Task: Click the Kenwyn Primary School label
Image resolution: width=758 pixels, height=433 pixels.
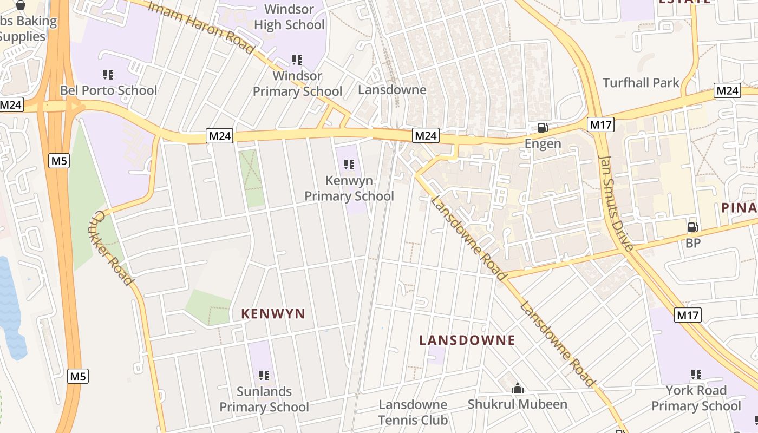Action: click(x=349, y=188)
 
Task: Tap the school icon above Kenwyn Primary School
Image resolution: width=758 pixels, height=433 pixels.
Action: click(x=349, y=164)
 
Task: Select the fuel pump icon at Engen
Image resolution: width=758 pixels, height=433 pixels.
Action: click(x=543, y=128)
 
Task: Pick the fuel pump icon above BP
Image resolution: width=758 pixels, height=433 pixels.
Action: click(x=692, y=227)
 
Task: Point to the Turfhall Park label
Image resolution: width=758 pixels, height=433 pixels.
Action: click(x=641, y=83)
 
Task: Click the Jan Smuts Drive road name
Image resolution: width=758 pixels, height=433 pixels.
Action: click(x=616, y=204)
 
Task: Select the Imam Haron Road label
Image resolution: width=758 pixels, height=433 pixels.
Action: click(x=201, y=28)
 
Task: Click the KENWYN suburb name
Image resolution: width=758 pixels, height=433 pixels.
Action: click(x=273, y=314)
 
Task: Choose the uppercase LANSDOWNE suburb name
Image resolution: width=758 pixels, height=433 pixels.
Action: click(x=467, y=340)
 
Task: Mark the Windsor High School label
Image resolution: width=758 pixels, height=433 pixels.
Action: click(x=290, y=17)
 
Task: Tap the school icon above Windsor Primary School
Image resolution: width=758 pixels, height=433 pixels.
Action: click(x=297, y=60)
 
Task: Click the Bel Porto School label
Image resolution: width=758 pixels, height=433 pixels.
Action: click(x=108, y=90)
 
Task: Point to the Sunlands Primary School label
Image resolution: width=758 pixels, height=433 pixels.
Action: click(x=264, y=399)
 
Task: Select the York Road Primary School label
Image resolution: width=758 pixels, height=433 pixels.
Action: click(x=696, y=398)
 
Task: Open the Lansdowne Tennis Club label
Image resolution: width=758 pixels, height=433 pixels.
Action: click(x=413, y=412)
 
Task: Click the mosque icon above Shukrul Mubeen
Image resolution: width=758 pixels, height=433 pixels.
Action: click(x=518, y=388)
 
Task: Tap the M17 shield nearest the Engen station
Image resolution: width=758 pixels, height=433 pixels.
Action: click(x=601, y=125)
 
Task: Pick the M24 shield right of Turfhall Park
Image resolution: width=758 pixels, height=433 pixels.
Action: click(x=727, y=90)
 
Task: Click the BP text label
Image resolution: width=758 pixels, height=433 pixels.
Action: click(x=693, y=243)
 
